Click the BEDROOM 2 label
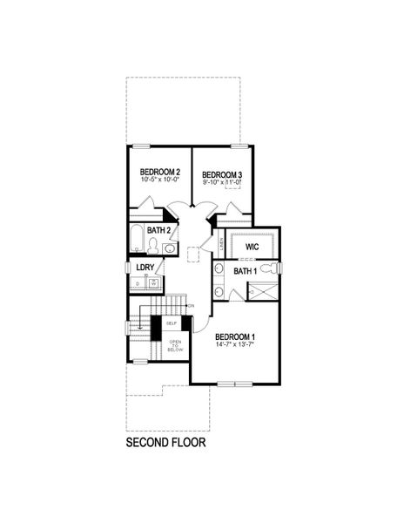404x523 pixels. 160,173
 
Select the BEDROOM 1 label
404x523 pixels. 235,337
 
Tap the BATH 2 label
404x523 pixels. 158,231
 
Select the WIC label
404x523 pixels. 252,248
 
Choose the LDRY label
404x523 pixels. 145,268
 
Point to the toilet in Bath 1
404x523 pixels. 271,268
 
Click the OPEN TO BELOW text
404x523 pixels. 175,345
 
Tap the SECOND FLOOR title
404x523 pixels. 166,443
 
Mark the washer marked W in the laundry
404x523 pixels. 153,283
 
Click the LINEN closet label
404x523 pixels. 220,242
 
